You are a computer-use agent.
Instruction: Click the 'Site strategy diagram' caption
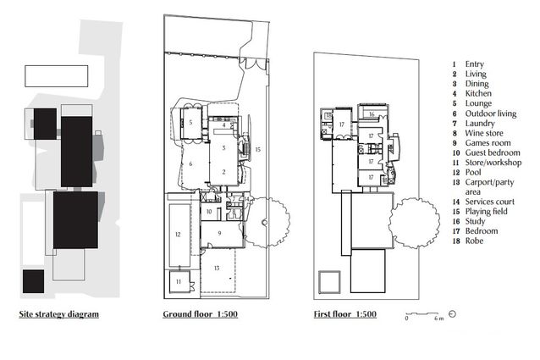59,314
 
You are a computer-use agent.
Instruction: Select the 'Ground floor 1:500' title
201,314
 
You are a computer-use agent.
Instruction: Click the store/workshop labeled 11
179,280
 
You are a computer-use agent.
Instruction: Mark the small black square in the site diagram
34,280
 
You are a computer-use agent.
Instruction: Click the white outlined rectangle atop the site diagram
57,76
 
